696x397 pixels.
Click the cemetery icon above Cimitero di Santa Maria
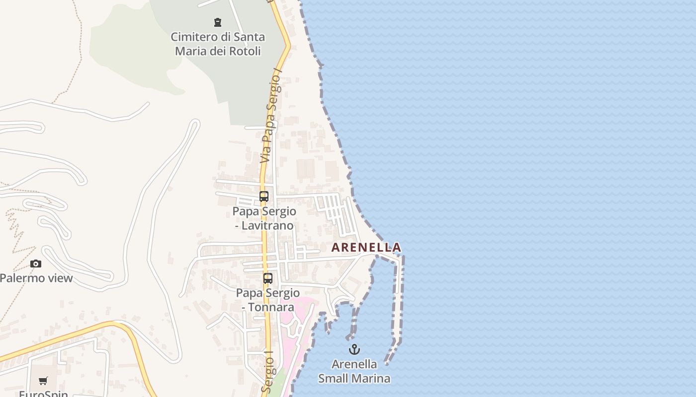point(217,22)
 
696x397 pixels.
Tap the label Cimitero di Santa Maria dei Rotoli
point(218,44)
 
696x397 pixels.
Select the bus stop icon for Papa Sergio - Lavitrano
point(264,197)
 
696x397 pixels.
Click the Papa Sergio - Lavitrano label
point(264,218)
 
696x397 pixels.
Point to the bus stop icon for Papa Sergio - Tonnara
point(268,278)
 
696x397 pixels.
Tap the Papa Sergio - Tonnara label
point(268,300)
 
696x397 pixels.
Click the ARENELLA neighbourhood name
point(366,247)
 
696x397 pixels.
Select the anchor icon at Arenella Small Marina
point(354,350)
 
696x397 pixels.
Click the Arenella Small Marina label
point(354,371)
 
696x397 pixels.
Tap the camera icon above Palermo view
point(36,264)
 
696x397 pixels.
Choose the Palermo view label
point(36,278)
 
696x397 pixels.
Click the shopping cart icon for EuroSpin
point(43,381)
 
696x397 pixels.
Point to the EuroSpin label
point(43,394)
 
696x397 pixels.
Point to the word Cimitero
point(194,37)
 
